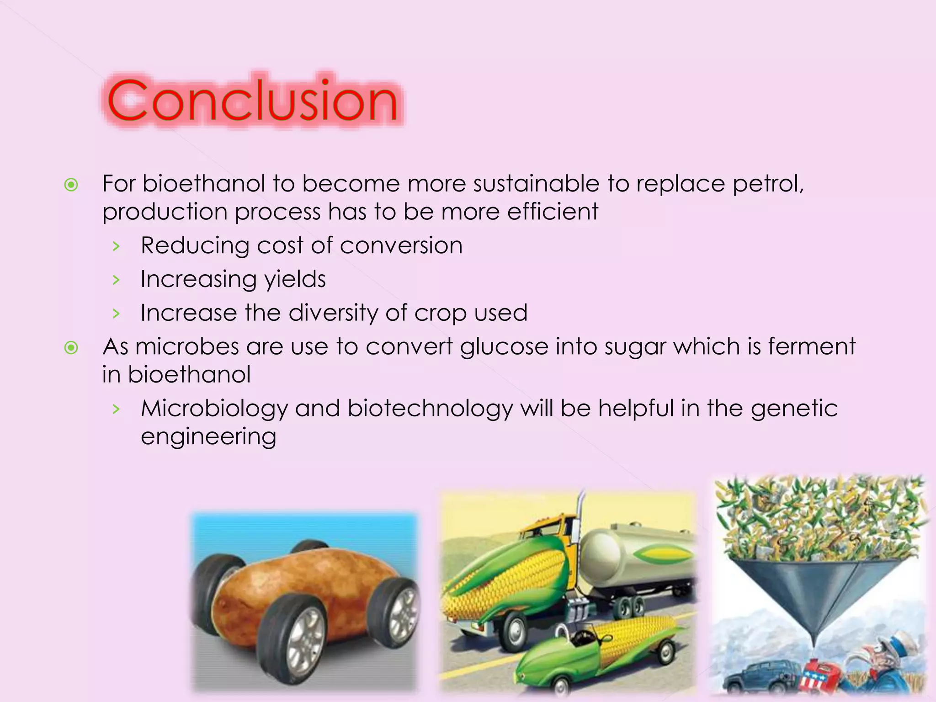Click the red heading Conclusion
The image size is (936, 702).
coord(252,101)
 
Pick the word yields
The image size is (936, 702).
coord(295,279)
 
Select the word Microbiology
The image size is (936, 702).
coord(214,408)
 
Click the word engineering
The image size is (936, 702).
coord(208,436)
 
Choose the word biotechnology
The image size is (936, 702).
coord(430,408)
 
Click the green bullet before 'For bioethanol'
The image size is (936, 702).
coord(71,185)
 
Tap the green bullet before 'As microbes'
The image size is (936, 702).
coord(71,348)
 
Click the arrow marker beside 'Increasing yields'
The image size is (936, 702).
coord(117,280)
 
